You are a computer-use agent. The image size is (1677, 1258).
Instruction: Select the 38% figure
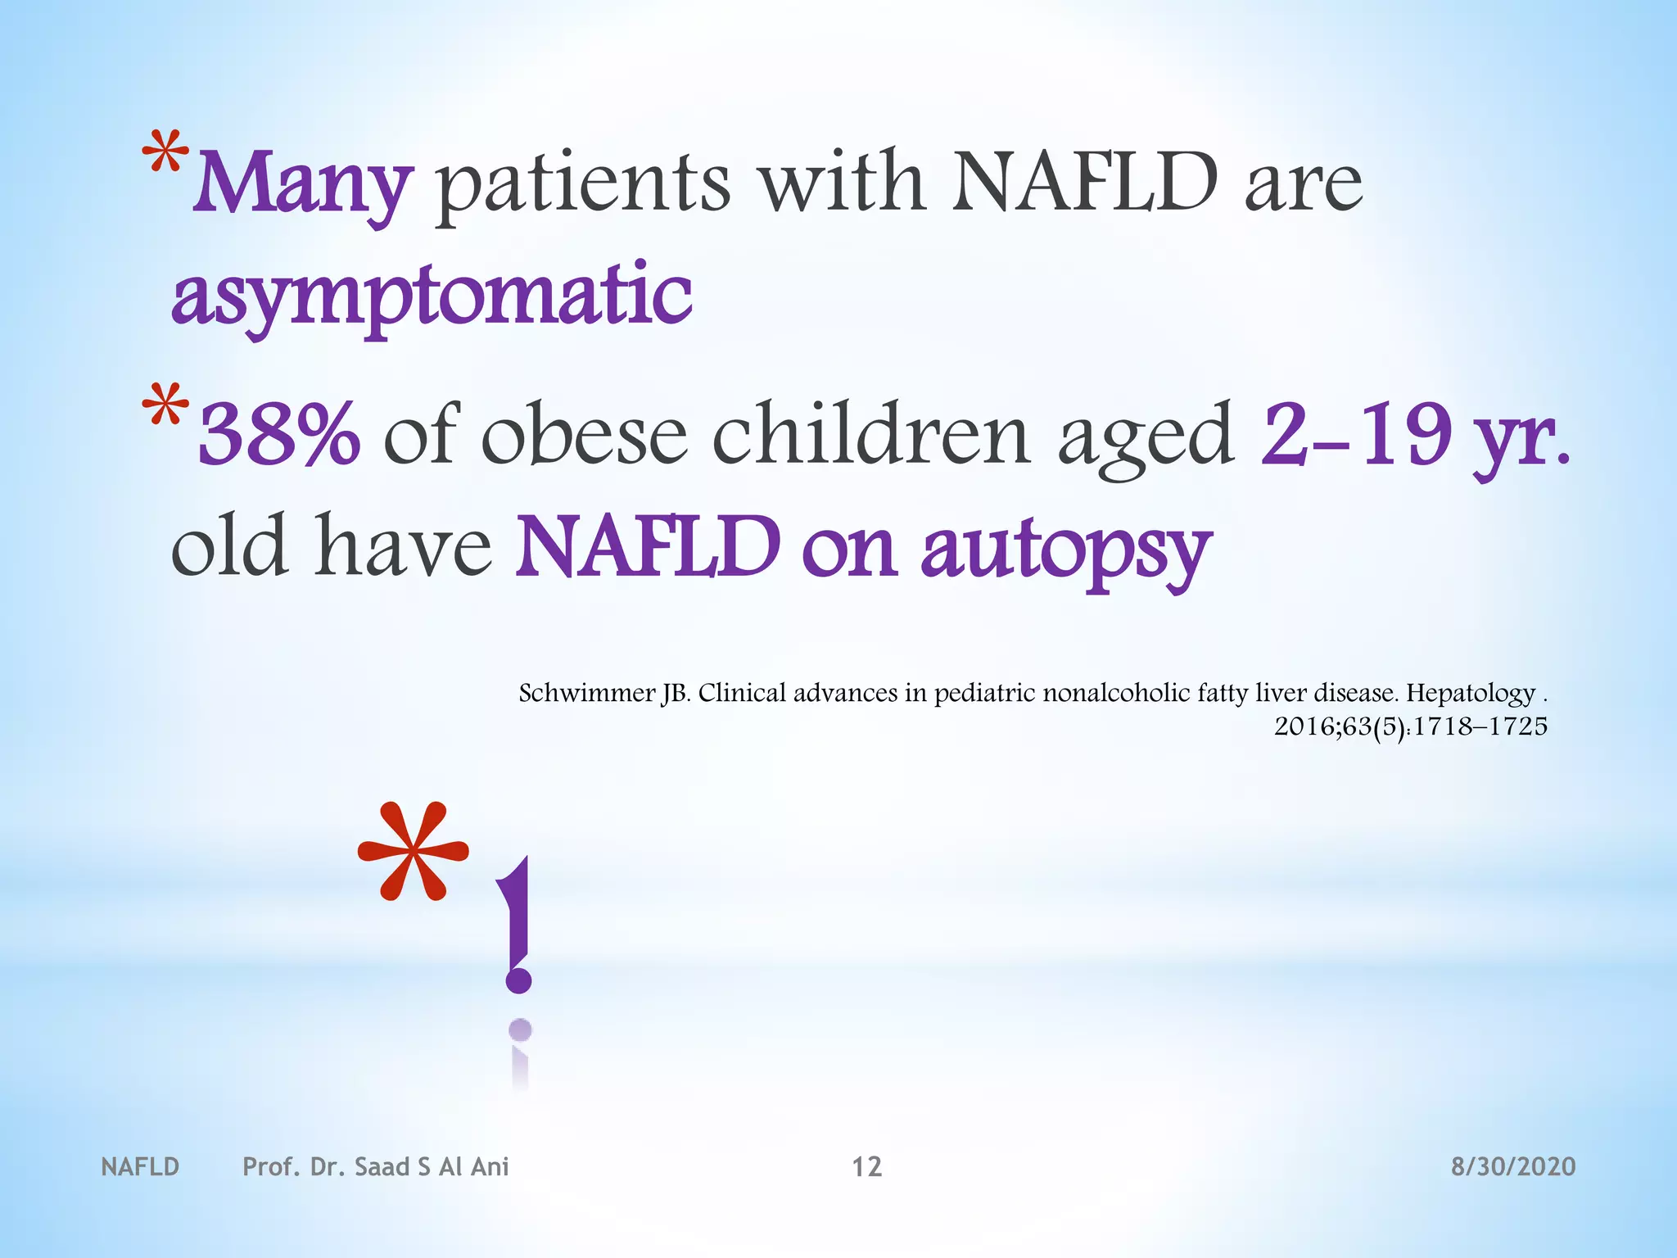click(x=278, y=434)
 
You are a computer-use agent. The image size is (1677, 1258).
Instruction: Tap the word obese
click(x=584, y=434)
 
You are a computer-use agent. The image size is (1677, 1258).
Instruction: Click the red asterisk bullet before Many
click(x=165, y=156)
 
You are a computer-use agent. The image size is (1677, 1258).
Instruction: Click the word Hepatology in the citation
click(x=1470, y=694)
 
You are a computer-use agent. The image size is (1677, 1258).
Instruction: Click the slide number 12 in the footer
click(x=866, y=1166)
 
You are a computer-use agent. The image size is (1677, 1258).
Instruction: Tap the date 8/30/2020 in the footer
click(x=1512, y=1166)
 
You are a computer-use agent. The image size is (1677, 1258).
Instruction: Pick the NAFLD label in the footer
click(x=140, y=1166)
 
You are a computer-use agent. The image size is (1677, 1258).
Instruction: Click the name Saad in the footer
click(x=382, y=1166)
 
